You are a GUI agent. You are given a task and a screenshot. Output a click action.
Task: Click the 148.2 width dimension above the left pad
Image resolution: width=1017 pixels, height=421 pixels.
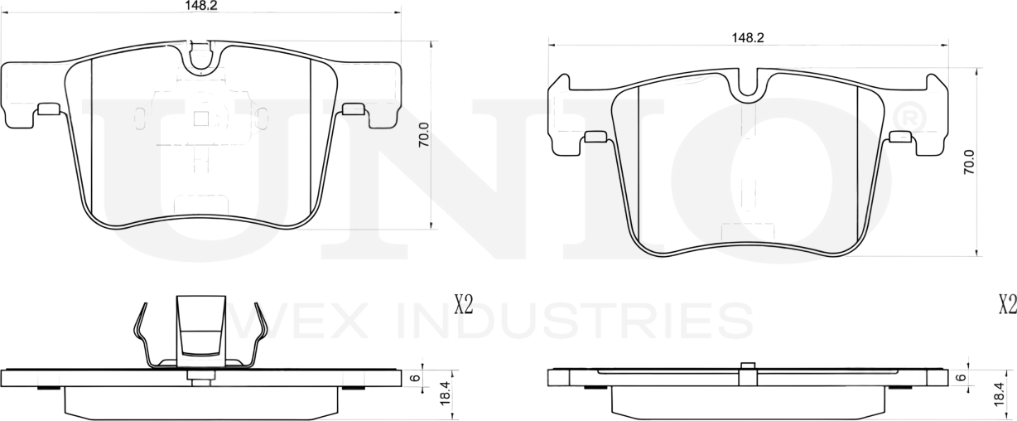click(195, 5)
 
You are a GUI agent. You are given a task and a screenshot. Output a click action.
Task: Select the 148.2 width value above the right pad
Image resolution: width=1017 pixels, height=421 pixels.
click(747, 37)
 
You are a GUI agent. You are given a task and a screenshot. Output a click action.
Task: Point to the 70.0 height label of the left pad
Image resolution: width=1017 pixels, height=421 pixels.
click(424, 135)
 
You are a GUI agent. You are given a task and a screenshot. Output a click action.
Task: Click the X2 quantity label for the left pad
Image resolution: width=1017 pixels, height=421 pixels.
click(463, 305)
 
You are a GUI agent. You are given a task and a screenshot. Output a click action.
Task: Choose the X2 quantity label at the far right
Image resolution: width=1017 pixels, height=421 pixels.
click(1006, 305)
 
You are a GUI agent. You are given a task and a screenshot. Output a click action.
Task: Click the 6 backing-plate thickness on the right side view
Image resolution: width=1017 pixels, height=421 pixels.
click(961, 377)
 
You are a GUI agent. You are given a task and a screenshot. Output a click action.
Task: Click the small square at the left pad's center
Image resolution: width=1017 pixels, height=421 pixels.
click(200, 119)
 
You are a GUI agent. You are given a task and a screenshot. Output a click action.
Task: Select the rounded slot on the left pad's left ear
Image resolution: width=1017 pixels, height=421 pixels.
click(48, 109)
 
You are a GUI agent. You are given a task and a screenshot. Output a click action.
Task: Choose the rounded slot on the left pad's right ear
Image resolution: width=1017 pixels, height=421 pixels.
click(354, 109)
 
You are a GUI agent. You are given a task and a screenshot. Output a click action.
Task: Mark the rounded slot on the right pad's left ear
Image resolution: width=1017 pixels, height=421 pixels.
click(595, 137)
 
